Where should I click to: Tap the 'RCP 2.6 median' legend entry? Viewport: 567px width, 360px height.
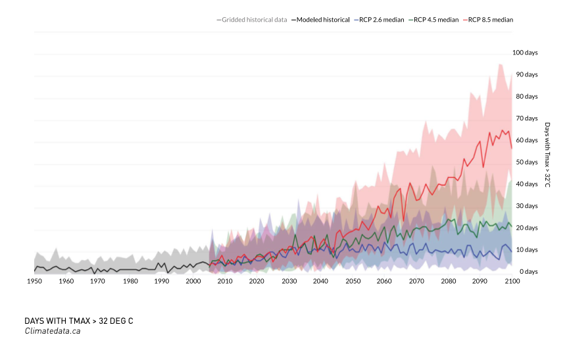coord(380,20)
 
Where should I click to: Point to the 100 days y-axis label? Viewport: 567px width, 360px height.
coord(525,53)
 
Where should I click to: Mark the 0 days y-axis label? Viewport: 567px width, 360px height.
coord(526,272)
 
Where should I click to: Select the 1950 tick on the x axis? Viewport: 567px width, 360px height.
coord(34,282)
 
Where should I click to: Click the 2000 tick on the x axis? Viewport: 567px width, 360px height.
coord(193,282)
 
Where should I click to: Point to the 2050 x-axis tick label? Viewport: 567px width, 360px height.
coord(353,282)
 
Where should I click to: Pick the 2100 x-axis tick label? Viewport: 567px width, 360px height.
coord(512,282)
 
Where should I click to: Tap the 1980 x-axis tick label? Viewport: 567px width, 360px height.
coord(130,282)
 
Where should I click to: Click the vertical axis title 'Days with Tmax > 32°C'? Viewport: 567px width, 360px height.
coord(547,155)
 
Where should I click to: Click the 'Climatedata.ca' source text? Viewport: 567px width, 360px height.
coord(53,331)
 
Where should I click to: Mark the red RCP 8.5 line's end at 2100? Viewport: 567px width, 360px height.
coord(512,149)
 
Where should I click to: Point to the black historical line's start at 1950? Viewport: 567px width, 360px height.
coord(34,270)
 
